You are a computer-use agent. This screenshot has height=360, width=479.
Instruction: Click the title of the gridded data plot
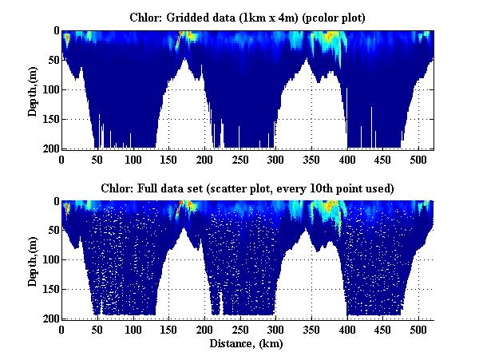pos(247,17)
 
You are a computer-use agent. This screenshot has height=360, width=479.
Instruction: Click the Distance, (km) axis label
pos(247,344)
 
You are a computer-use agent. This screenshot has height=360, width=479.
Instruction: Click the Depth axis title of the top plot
pos(33,89)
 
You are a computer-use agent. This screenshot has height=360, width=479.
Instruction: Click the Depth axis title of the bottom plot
pos(33,260)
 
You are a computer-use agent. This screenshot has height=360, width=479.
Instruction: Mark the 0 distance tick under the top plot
pos(62,158)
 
